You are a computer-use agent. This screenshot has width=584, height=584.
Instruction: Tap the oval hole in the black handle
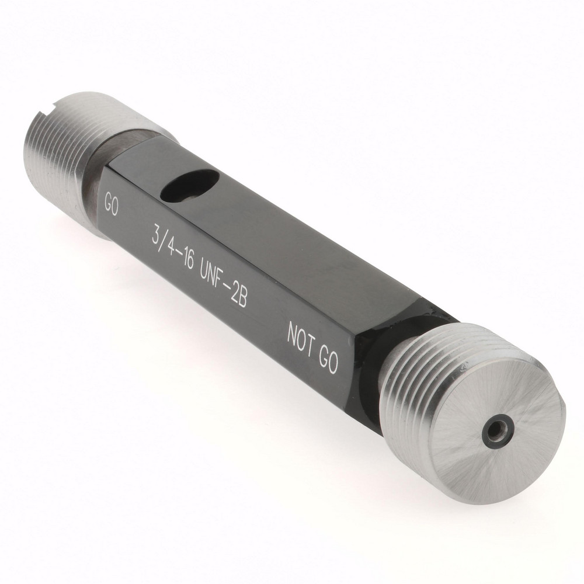(x=190, y=184)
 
